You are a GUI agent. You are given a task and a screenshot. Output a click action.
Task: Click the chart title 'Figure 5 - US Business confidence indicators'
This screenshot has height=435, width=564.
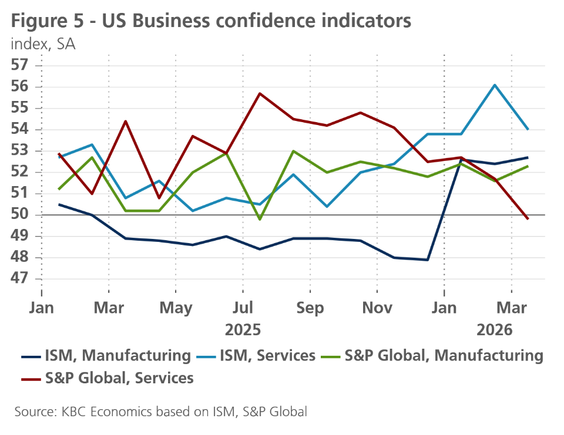point(210,21)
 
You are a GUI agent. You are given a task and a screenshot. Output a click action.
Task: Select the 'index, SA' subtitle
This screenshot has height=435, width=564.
point(43,44)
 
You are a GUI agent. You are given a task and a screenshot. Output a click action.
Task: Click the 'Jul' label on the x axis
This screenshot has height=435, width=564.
point(243,308)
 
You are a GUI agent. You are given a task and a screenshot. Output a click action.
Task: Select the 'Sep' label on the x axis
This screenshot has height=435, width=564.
point(310,308)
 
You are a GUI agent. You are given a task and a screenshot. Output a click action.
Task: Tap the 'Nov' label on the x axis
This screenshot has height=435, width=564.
point(377,308)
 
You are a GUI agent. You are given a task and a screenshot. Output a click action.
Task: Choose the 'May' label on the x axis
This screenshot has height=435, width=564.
point(176,308)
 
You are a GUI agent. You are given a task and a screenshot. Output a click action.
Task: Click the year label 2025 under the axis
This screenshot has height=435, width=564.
point(243,329)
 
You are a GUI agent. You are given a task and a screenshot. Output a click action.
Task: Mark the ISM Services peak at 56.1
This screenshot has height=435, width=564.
point(495,85)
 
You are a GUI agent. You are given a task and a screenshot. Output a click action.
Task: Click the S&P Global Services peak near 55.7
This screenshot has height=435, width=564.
point(260,93)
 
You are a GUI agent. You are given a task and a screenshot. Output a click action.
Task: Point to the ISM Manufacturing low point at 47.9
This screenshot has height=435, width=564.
point(428,259)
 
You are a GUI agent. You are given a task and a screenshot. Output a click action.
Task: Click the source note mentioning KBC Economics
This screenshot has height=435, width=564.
point(160,412)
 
